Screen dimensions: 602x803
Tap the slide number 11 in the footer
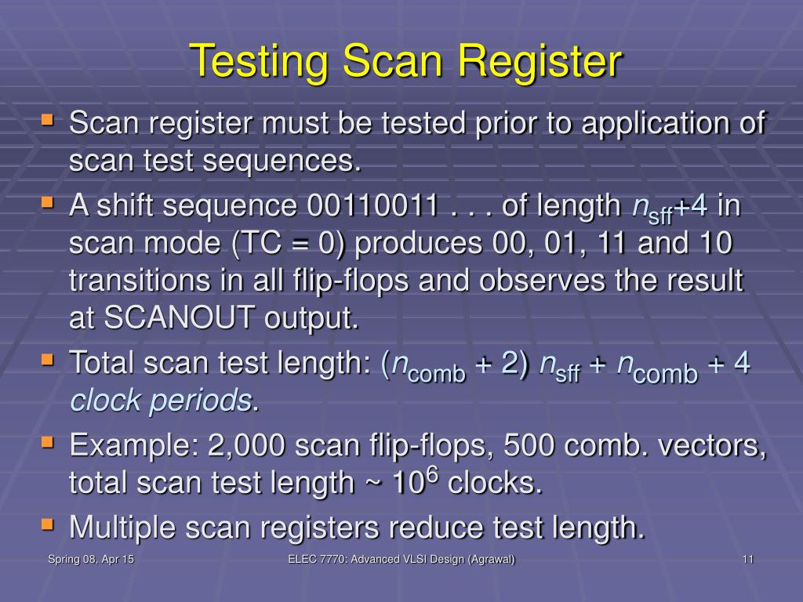747,559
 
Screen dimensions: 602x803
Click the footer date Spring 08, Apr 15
91,559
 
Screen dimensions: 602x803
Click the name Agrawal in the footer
489,559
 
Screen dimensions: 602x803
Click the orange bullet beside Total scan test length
49,360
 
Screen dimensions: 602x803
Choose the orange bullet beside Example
49,443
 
